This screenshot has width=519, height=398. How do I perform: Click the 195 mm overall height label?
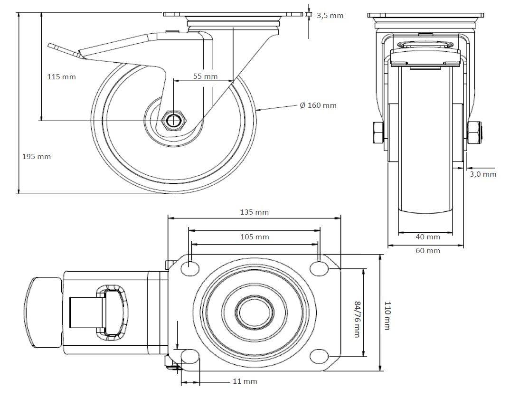pos(37,156)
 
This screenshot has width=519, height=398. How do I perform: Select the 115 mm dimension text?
pos(62,77)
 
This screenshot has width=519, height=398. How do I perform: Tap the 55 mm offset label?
pos(205,76)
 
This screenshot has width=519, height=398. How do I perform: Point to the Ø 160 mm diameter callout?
pos(318,105)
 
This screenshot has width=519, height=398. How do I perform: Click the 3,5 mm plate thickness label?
pos(330,15)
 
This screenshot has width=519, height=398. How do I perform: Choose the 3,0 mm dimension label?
pos(483,174)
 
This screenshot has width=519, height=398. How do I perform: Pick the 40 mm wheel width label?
pos(428,237)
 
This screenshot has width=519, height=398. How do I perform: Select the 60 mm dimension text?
pos(428,251)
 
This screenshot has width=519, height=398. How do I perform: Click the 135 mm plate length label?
pos(254,212)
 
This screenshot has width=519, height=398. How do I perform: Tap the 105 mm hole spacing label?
pos(254,237)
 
